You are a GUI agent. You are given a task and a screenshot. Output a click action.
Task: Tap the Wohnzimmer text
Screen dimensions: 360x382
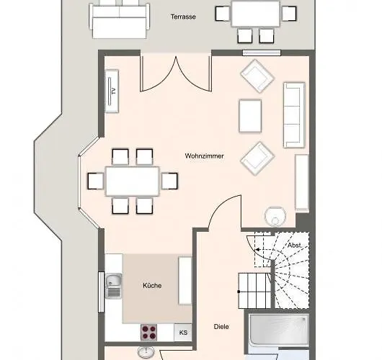[x=204, y=156]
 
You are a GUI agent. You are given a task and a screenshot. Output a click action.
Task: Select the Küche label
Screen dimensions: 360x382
[x=152, y=285]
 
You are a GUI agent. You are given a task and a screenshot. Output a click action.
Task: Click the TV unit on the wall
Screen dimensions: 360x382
[x=112, y=91]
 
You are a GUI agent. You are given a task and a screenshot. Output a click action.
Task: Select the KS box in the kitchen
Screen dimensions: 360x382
[x=183, y=333]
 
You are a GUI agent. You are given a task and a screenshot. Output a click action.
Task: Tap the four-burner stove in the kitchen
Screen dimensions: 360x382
[x=150, y=333]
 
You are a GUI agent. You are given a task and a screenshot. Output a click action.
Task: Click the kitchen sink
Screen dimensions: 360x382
[x=113, y=285]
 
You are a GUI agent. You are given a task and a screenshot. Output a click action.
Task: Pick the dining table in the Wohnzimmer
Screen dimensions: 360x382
[x=133, y=181]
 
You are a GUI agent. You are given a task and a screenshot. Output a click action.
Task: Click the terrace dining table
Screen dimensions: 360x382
[x=256, y=12]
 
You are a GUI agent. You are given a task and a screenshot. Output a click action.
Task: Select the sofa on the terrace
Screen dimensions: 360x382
[x=118, y=19]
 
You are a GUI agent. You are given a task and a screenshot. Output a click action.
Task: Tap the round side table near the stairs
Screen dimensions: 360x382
[x=275, y=215]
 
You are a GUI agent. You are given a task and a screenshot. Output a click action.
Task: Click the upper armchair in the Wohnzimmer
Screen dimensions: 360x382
[x=257, y=76]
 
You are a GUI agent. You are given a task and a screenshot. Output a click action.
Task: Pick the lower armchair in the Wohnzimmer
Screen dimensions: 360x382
[x=257, y=158]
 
